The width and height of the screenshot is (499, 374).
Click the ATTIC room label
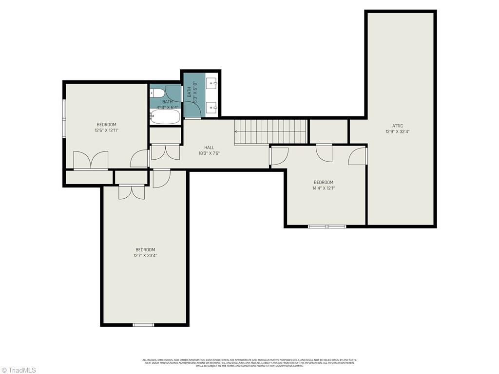398,126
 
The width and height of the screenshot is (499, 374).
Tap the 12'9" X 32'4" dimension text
398,131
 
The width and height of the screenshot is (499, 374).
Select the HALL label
209,148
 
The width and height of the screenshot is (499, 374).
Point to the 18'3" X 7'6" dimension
209,153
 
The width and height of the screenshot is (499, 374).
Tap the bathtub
165,117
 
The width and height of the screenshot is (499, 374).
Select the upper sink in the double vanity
212,84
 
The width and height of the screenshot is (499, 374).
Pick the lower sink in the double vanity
212,106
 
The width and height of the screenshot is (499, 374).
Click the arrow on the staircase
237,131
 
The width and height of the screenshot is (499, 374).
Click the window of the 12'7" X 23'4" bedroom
143,324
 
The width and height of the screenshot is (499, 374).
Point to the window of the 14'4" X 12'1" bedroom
327,226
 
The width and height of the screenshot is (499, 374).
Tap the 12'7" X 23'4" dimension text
145,255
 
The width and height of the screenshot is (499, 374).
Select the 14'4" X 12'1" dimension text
324,188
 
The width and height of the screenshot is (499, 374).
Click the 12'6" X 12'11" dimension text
106,131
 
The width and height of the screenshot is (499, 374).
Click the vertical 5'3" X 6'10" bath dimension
194,92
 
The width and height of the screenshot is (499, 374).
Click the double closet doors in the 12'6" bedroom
91,161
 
